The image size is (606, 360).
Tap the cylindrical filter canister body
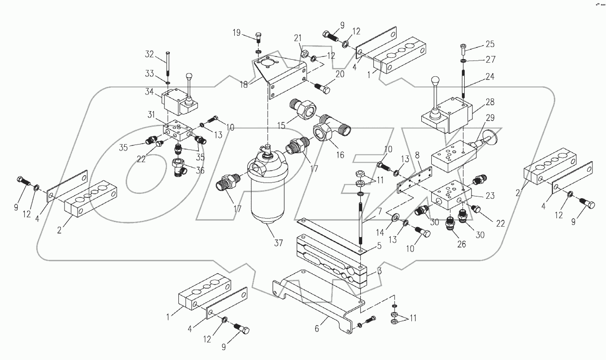pyautogui.click(x=266, y=194)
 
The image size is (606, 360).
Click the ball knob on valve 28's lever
pyautogui.click(x=435, y=81)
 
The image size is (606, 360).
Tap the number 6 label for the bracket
pyautogui.click(x=317, y=329)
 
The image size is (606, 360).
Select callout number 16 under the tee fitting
pyautogui.click(x=340, y=154)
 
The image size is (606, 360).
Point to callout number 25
pyautogui.click(x=490, y=44)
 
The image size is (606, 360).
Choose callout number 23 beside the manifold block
pyautogui.click(x=490, y=196)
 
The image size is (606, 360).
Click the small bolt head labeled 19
pyautogui.click(x=258, y=36)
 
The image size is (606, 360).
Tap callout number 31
pyautogui.click(x=152, y=115)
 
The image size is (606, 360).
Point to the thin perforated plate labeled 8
pyautogui.click(x=414, y=178)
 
